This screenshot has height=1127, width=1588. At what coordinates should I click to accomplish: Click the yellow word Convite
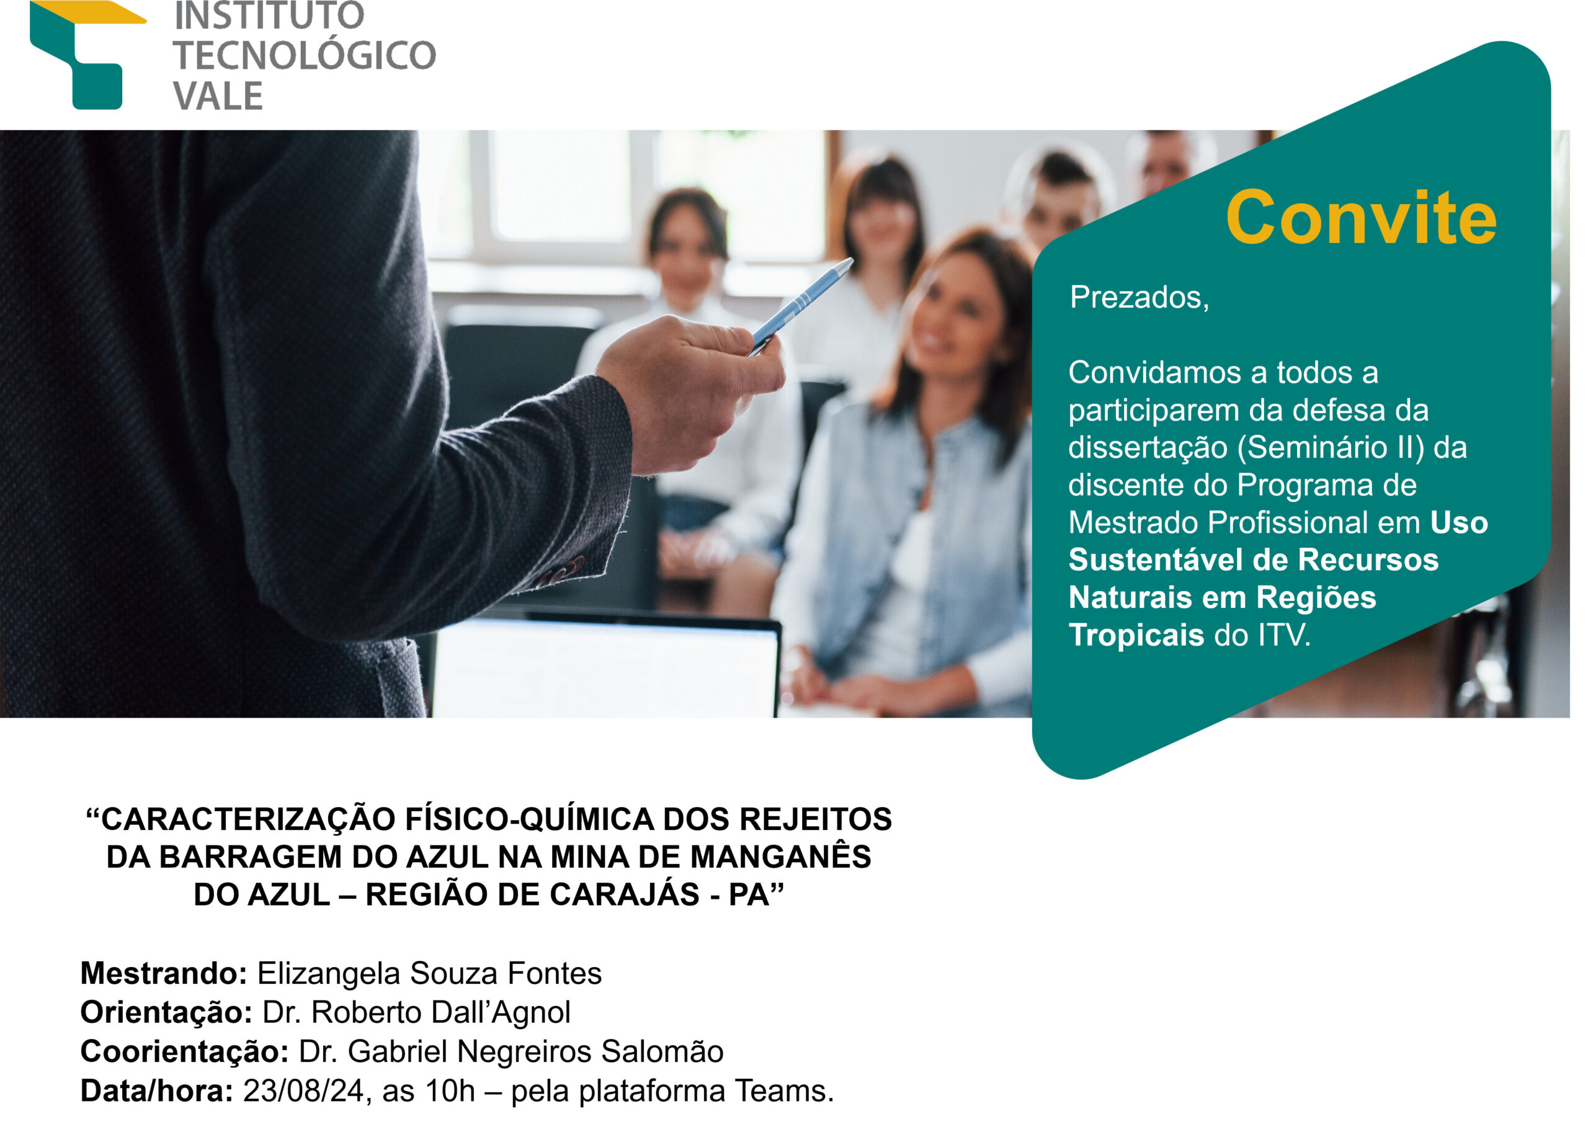click(x=1361, y=218)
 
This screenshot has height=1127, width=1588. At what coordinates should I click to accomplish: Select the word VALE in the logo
click(x=218, y=96)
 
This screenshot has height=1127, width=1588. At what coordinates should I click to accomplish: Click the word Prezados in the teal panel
click(x=1134, y=297)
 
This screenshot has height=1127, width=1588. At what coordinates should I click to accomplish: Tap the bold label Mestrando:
click(x=164, y=974)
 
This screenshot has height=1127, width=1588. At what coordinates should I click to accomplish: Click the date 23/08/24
click(x=303, y=1092)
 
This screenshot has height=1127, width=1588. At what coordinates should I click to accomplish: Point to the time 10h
click(x=450, y=1092)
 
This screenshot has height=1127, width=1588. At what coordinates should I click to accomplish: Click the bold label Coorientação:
click(x=185, y=1052)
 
